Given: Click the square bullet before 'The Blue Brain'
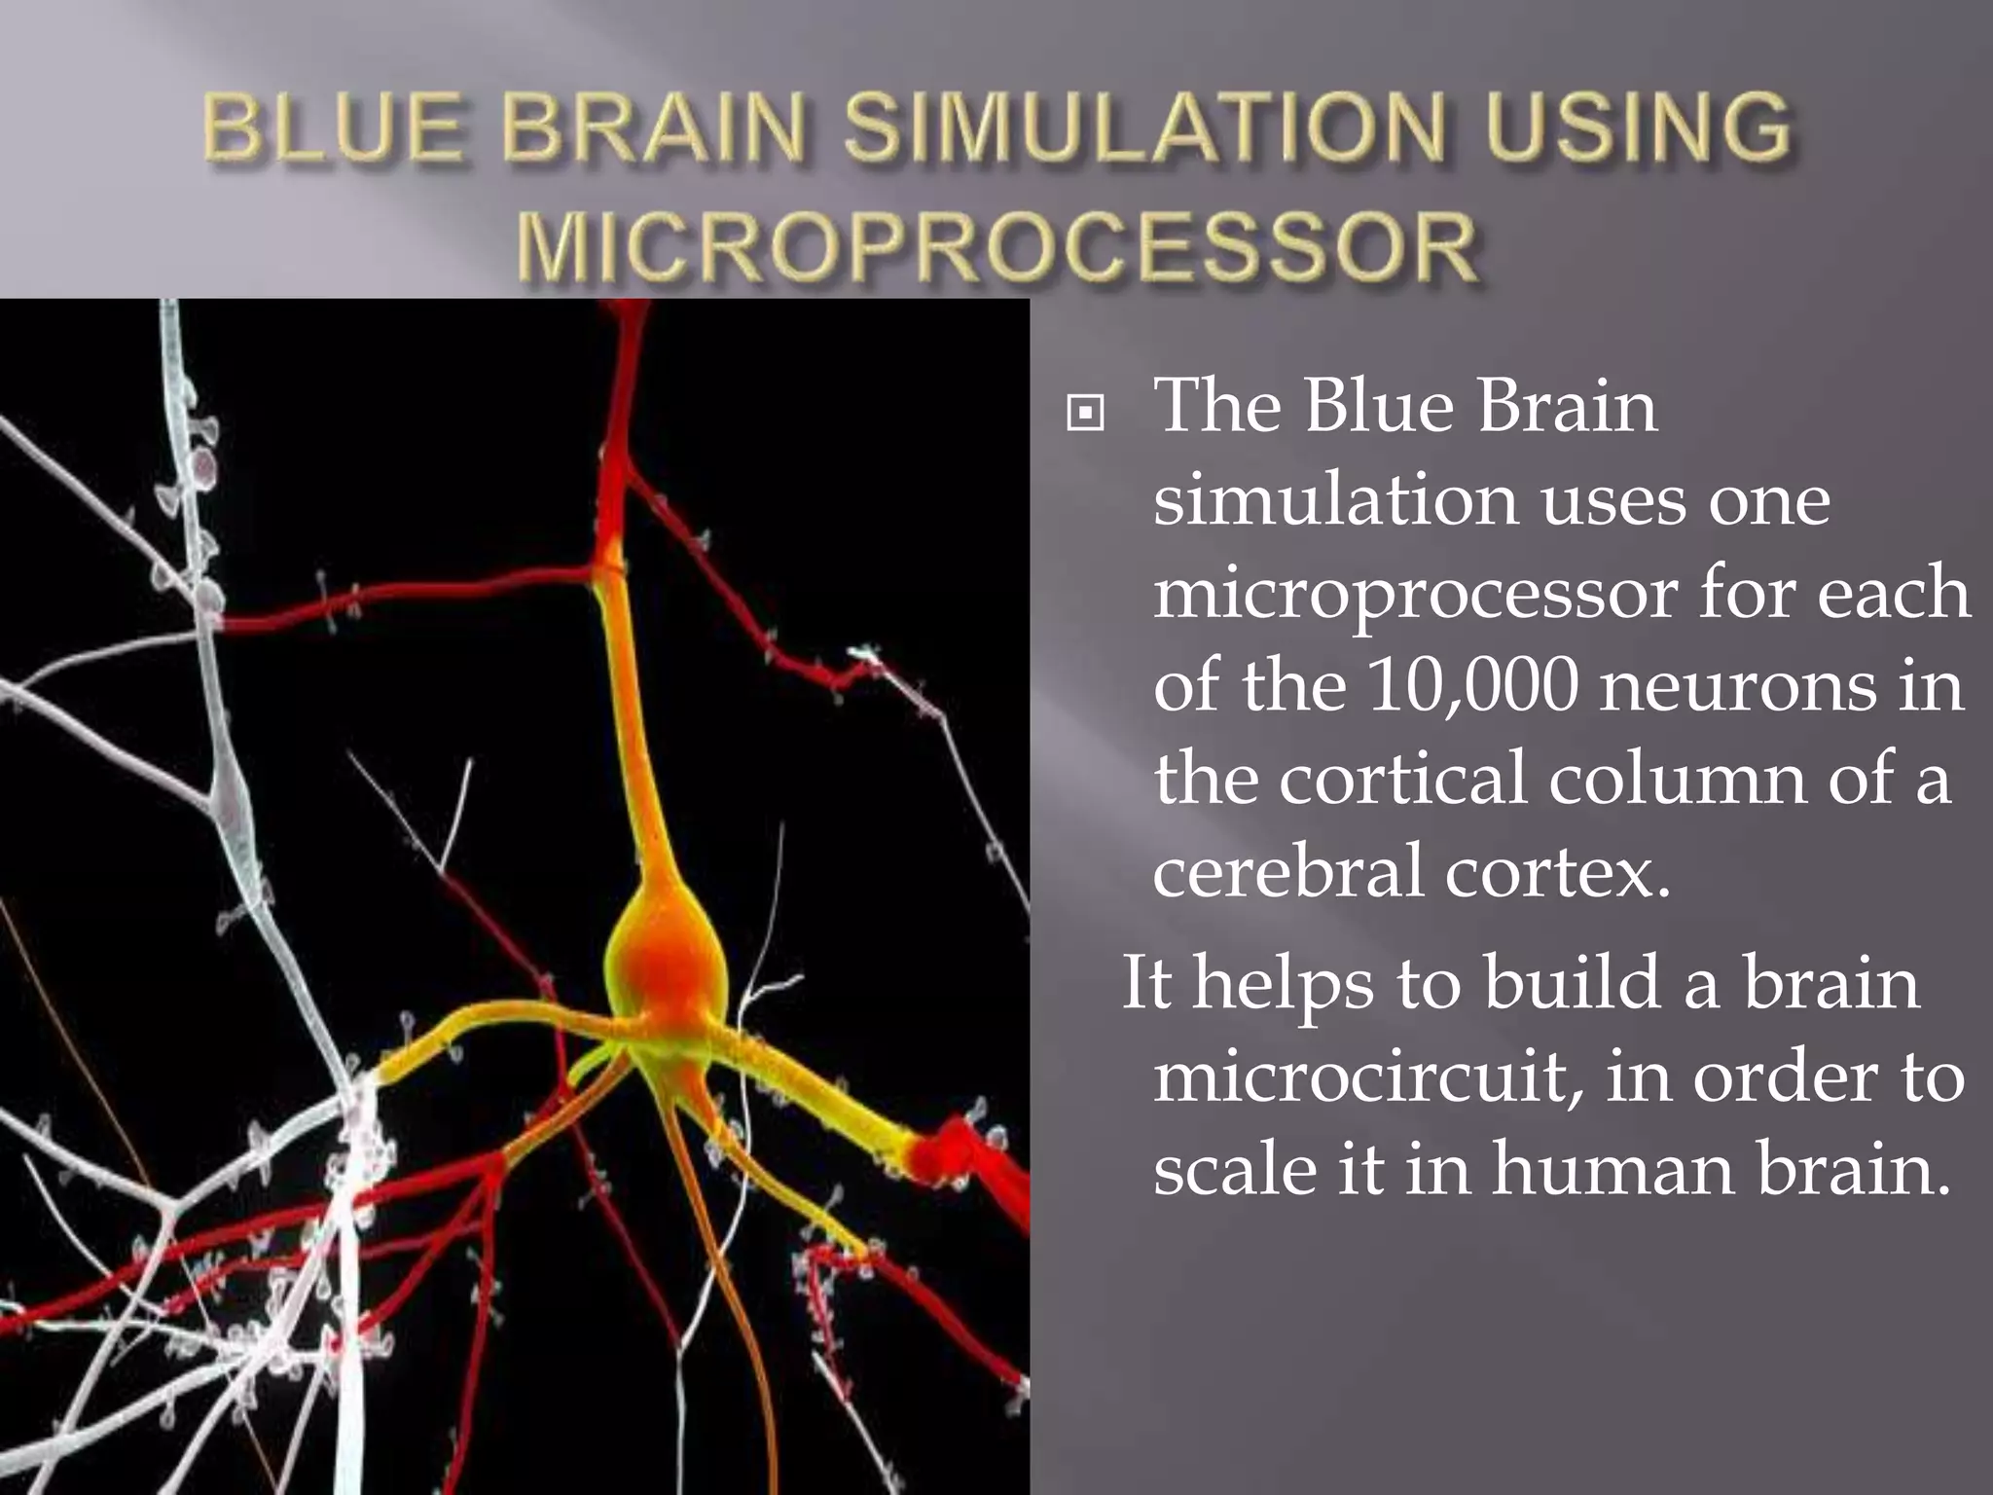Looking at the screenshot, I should (x=1085, y=414).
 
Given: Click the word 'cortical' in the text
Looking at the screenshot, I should (x=1402, y=779).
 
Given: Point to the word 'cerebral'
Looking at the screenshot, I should (x=1287, y=871).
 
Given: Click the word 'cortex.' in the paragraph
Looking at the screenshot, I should (x=1557, y=871).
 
